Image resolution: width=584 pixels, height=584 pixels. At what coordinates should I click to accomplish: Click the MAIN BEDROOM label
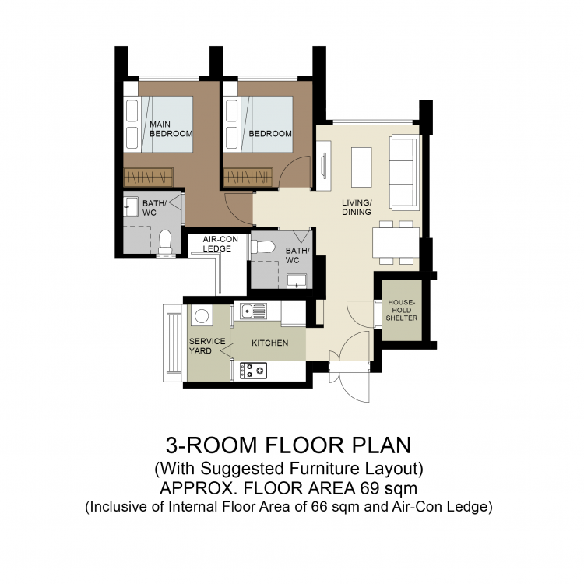(171, 128)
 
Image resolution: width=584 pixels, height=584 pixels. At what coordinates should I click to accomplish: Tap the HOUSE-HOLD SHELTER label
(402, 310)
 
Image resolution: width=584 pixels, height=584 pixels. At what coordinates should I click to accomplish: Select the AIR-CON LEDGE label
(220, 244)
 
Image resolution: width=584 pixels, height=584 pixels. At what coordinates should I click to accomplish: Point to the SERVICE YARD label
(207, 346)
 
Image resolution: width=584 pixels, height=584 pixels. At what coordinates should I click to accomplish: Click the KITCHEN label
(270, 343)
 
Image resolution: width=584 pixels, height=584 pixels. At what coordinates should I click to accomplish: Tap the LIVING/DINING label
(357, 207)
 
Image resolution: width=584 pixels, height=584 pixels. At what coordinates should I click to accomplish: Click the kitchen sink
(253, 311)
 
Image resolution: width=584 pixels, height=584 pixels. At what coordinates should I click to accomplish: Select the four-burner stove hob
(253, 371)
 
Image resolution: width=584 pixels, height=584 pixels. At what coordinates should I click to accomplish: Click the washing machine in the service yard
(202, 316)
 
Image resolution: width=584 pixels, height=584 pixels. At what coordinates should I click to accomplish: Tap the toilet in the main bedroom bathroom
(165, 242)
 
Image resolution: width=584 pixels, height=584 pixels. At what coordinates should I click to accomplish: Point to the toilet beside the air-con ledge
(263, 247)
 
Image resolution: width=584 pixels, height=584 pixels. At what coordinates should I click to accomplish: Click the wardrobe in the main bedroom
(148, 177)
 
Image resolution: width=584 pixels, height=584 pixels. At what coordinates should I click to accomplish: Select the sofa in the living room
(403, 172)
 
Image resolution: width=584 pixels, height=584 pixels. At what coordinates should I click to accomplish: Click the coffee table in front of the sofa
(361, 167)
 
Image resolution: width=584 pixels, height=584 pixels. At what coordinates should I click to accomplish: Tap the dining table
(396, 242)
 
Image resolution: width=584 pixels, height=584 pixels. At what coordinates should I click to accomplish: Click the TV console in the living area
(323, 165)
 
